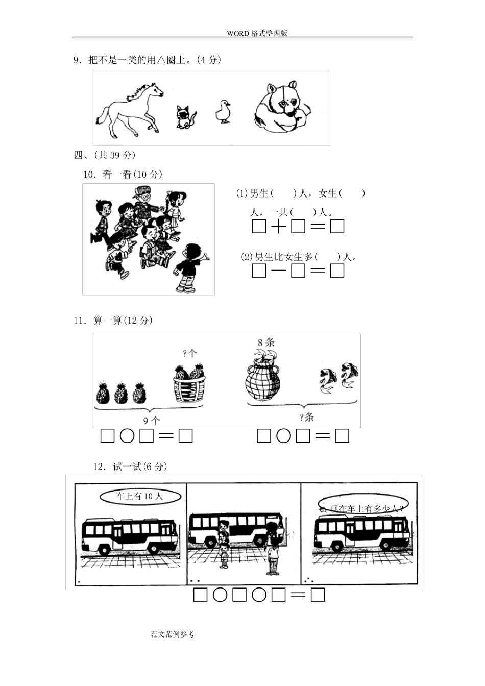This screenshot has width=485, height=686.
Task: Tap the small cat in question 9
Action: [x=186, y=117]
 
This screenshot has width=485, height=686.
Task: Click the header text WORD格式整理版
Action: [x=257, y=33]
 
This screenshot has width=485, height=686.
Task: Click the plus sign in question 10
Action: [x=278, y=227]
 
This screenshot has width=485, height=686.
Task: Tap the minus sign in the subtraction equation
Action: [x=278, y=271]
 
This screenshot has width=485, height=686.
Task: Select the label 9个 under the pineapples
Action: [x=151, y=421]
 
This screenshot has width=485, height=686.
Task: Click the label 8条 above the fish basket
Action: [x=266, y=342]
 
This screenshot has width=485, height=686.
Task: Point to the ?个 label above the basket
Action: [x=190, y=353]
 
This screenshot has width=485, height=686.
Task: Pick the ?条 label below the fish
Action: [x=306, y=418]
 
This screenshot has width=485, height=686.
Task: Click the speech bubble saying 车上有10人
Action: [x=139, y=496]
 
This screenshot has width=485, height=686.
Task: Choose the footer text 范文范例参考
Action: [x=173, y=634]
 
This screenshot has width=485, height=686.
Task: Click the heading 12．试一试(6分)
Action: [x=130, y=467]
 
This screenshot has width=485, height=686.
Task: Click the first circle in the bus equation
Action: [x=220, y=595]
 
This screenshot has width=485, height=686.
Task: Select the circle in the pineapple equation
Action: [x=127, y=436]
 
